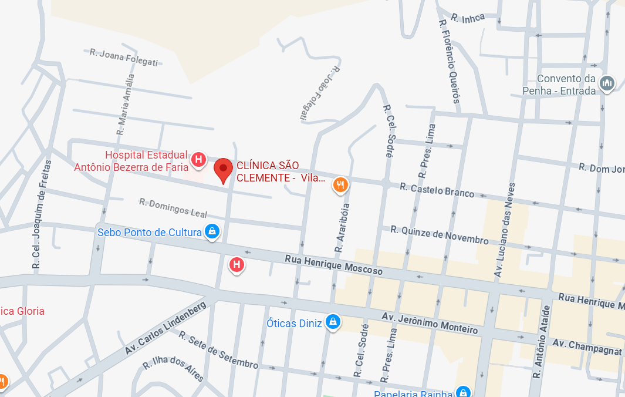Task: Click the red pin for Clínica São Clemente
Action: (x=223, y=170)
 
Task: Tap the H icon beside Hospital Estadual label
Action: (x=199, y=159)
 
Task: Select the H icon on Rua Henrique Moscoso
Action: (x=237, y=265)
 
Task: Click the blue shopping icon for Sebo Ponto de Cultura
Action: (x=212, y=232)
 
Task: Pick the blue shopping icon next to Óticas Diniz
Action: (x=333, y=322)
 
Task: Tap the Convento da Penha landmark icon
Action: (x=606, y=85)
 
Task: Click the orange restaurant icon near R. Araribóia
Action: (x=340, y=185)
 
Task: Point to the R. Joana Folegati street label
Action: (x=124, y=58)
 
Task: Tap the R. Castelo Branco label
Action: (x=437, y=190)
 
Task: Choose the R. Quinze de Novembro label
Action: (x=440, y=235)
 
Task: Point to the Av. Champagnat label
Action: (x=587, y=346)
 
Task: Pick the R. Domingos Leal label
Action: (x=173, y=207)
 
